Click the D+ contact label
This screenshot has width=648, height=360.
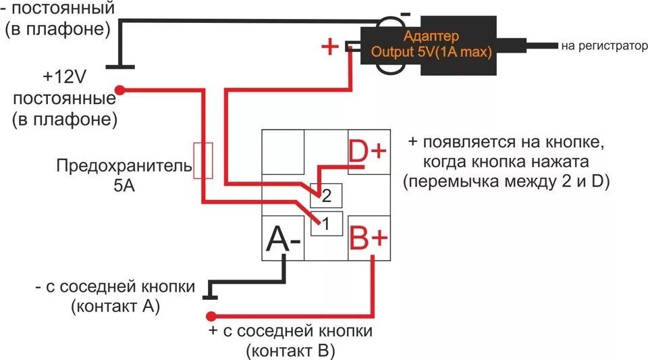(x=368, y=152)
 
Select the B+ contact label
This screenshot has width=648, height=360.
(x=369, y=238)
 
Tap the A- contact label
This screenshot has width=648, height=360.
(x=283, y=238)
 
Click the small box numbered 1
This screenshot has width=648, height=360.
(x=327, y=224)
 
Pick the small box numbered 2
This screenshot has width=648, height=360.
(x=327, y=196)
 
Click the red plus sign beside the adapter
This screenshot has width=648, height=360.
(x=329, y=47)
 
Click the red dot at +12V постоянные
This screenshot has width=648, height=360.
(x=120, y=89)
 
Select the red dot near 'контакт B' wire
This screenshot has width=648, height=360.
(x=211, y=315)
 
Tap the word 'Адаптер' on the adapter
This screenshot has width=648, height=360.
(x=431, y=36)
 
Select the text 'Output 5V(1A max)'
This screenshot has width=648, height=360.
(x=432, y=51)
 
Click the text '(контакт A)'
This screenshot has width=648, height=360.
(x=115, y=306)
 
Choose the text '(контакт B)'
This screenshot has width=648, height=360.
(x=291, y=351)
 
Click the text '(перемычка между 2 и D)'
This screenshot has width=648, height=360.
(x=506, y=182)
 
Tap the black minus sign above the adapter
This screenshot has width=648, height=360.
(x=405, y=13)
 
